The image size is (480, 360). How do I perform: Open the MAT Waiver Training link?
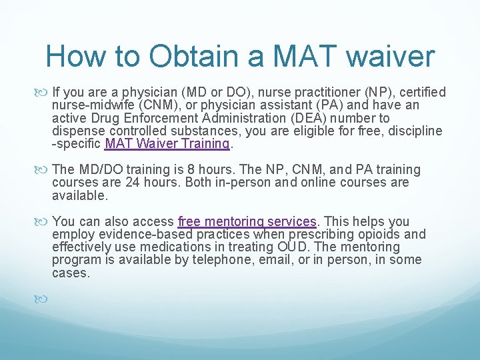(167, 143)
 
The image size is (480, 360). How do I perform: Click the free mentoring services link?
(247, 221)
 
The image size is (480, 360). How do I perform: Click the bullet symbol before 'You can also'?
(45, 222)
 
